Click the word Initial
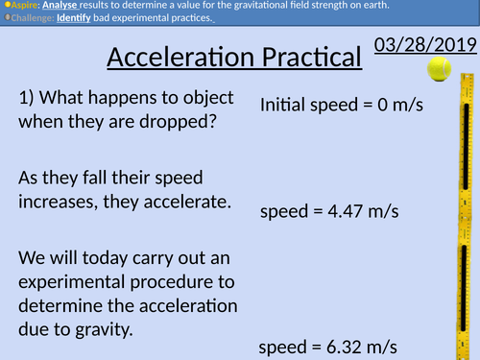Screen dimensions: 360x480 click(x=284, y=106)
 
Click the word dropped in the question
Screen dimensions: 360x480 click(x=183, y=123)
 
